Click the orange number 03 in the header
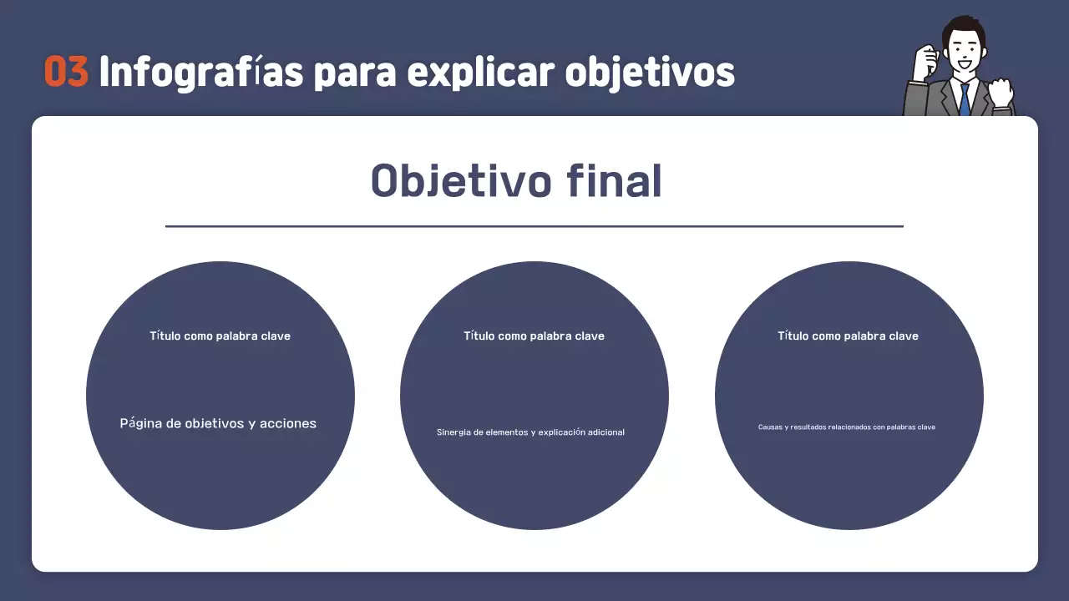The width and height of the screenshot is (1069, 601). (66, 73)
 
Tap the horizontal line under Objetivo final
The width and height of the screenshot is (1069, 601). (534, 226)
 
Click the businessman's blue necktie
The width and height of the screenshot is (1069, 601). (965, 99)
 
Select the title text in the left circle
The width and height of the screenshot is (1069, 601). (220, 336)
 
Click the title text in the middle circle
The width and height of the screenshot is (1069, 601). (534, 336)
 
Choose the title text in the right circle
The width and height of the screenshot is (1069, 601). (848, 336)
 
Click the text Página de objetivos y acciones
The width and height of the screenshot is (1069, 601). (218, 423)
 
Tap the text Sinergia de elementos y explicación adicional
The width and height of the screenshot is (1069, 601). (530, 432)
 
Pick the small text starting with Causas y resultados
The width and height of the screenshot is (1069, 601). (846, 427)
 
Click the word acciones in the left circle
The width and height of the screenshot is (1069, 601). (288, 423)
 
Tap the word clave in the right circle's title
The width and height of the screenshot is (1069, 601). (903, 336)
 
